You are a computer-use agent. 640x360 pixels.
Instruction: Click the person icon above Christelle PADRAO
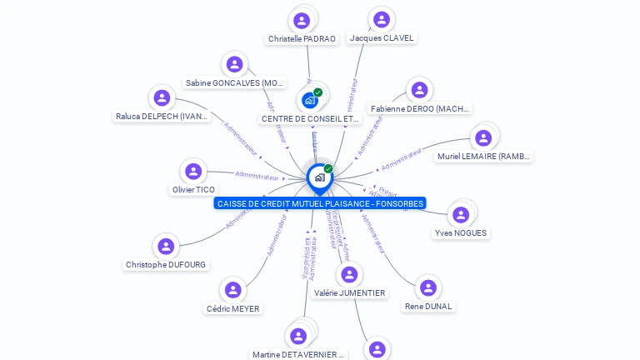click(302, 20)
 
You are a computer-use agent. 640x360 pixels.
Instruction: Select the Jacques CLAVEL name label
click(382, 38)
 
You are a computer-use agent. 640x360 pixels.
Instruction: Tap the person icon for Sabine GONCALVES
click(235, 64)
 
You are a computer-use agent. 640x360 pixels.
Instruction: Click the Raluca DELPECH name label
click(162, 117)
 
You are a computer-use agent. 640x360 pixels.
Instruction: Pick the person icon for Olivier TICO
click(193, 172)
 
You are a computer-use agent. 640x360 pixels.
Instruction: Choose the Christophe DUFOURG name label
click(166, 265)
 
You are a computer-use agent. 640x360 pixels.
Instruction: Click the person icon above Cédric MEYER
click(233, 290)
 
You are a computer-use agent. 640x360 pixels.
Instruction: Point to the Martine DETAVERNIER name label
click(297, 354)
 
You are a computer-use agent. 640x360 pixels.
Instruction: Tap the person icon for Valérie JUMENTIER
click(350, 274)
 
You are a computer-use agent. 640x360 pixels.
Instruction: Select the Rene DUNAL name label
click(428, 306)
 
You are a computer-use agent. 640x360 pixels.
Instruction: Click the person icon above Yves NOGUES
click(461, 215)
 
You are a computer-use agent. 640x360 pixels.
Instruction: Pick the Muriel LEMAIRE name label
click(484, 156)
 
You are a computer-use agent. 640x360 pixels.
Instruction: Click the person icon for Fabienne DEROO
click(419, 90)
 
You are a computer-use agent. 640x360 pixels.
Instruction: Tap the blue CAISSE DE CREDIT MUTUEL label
click(320, 203)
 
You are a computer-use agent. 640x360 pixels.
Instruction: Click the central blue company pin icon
click(319, 177)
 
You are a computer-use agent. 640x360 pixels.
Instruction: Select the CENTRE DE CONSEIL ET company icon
click(311, 100)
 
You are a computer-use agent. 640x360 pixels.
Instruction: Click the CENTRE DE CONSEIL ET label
click(311, 119)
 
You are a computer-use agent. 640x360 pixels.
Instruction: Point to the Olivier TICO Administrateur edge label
click(257, 176)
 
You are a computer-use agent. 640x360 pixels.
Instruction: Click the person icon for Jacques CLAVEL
click(382, 19)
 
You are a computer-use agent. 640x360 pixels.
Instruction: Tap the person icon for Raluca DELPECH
click(162, 97)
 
